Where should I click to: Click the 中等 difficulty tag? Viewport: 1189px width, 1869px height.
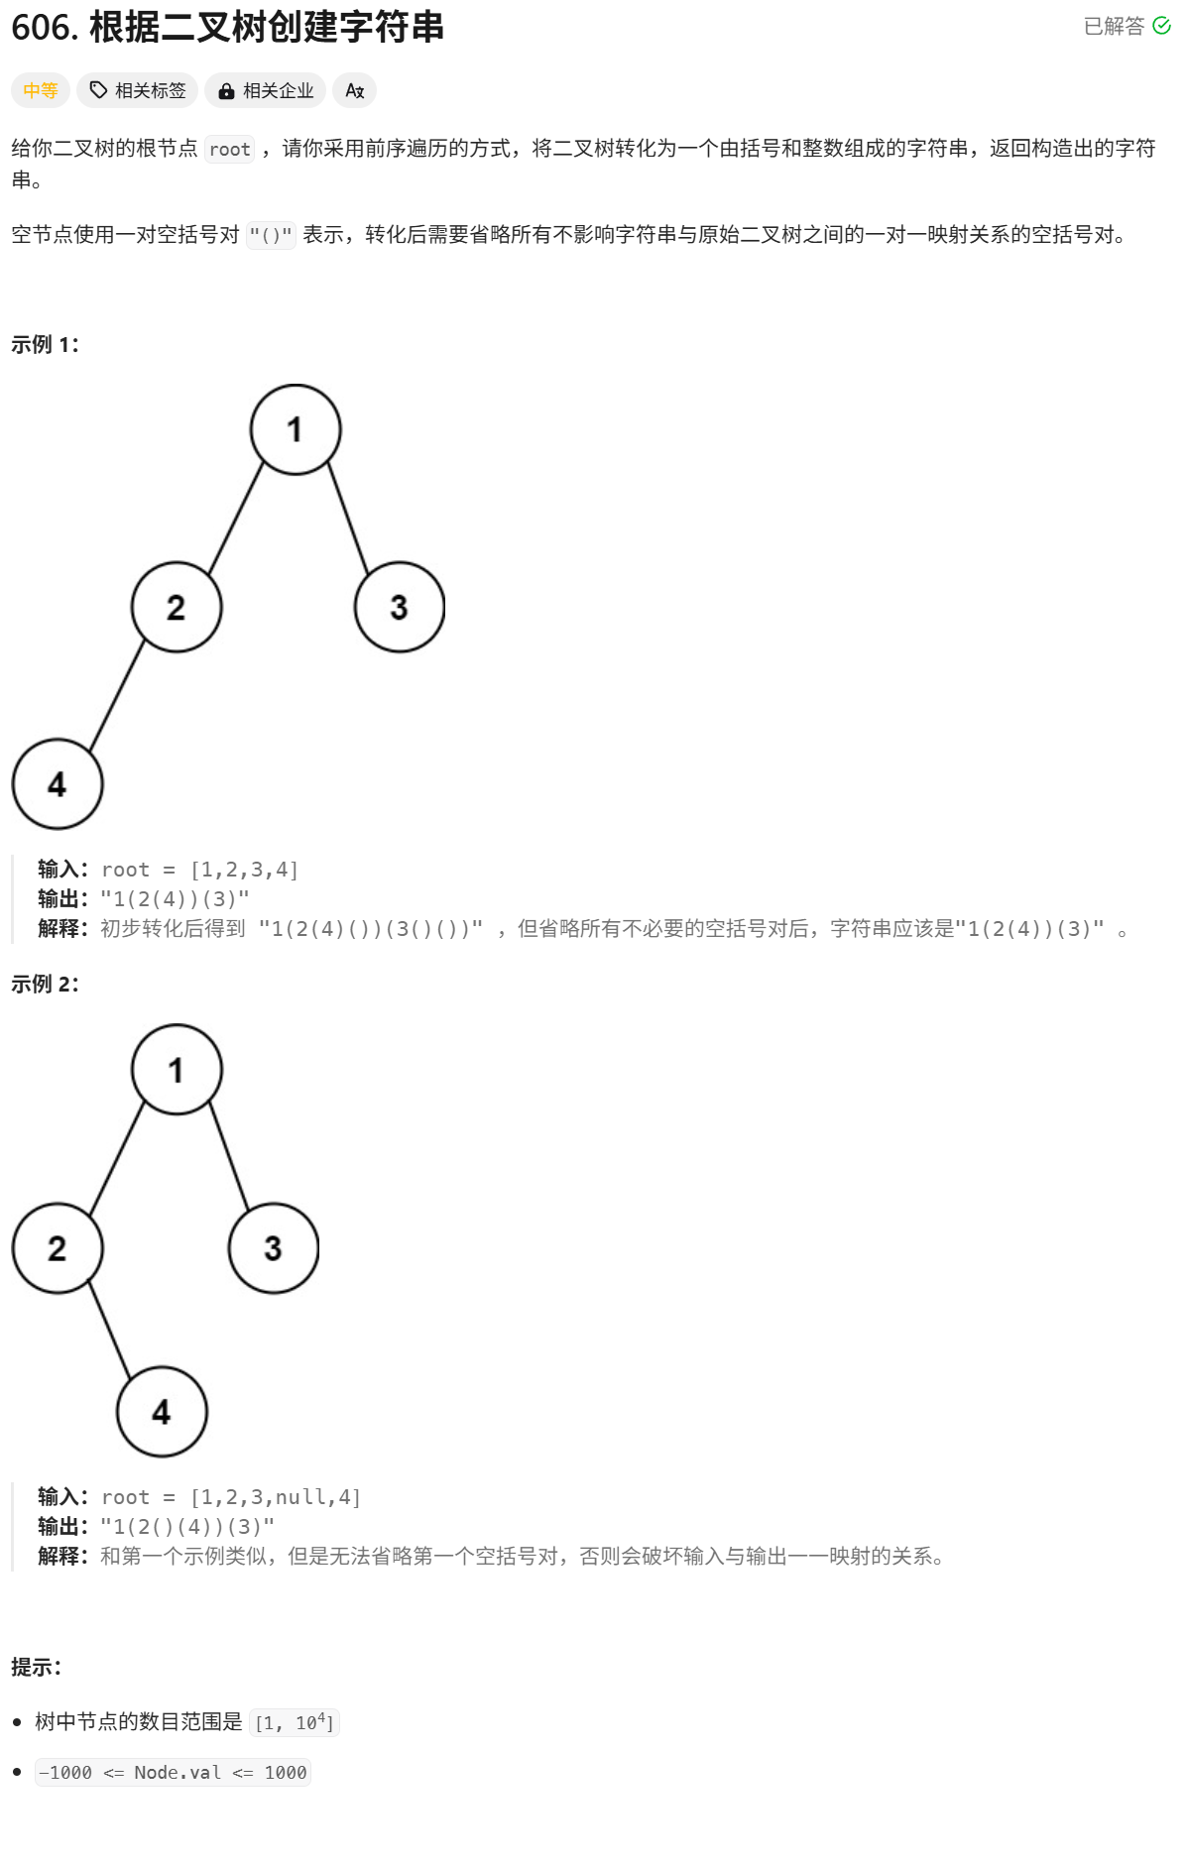[41, 91]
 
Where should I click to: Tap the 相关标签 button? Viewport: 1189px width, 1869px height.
[138, 91]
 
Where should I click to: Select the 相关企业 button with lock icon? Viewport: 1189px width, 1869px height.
[266, 91]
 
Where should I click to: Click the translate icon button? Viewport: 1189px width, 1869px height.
[354, 91]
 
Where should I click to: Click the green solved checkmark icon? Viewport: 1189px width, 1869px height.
[1161, 26]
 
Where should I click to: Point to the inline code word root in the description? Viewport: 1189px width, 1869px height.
[229, 150]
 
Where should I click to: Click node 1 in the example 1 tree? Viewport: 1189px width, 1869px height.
[296, 429]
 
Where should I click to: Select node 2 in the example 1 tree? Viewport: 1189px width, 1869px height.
[177, 607]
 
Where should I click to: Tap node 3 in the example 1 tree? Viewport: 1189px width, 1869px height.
[399, 607]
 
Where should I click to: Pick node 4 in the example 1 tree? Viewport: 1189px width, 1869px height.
[58, 784]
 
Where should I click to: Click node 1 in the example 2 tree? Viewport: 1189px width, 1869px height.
[177, 1070]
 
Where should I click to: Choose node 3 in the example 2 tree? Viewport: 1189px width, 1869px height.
[274, 1248]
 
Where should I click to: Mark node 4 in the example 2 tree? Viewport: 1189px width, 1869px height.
[162, 1412]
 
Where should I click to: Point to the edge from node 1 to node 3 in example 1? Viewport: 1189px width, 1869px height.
[348, 519]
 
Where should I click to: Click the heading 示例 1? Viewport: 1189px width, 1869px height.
[45, 345]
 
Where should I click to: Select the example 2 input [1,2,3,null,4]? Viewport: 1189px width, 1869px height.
[276, 1497]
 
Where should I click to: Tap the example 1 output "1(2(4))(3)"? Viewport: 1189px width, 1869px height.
[175, 899]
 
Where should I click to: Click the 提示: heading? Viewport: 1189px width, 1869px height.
[36, 1668]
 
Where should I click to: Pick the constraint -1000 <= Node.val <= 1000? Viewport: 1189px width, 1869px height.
[173, 1773]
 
